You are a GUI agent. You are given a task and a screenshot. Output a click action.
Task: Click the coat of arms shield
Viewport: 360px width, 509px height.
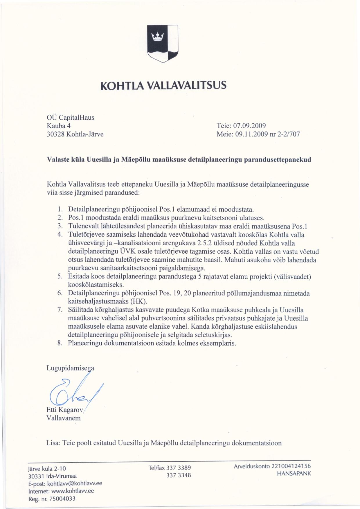pos(163,43)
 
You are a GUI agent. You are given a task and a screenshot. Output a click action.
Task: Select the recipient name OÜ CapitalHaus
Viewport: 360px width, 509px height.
pos(71,118)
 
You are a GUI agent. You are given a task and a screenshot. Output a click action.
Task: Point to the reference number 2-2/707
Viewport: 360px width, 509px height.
pos(289,134)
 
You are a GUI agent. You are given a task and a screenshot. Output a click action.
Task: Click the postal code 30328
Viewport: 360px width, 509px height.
pos(56,134)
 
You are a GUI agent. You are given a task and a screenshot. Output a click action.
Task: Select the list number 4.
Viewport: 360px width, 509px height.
pos(60,234)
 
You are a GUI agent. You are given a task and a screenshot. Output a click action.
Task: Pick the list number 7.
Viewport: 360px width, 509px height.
pos(60,310)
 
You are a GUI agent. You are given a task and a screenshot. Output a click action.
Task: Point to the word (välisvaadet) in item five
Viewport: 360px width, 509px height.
pos(292,276)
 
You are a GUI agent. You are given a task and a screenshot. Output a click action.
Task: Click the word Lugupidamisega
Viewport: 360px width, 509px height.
pos(70,368)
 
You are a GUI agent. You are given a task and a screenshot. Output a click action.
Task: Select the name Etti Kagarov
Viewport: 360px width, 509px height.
pos(65,410)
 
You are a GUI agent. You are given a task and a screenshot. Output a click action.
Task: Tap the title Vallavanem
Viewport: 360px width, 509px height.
pos(64,418)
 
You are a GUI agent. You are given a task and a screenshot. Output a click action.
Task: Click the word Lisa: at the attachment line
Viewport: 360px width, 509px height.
pos(53,443)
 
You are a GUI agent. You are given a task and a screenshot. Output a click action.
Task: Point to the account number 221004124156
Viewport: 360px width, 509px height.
pos(291,466)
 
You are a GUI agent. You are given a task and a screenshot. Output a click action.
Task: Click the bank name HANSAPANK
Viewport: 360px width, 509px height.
pos(294,473)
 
